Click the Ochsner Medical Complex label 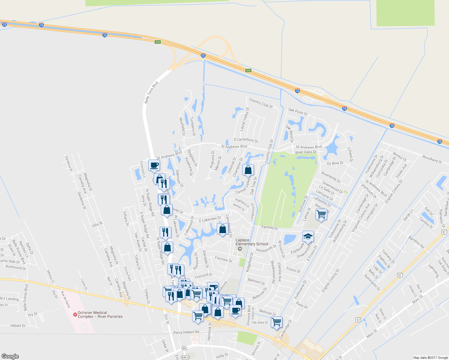click(x=100, y=314)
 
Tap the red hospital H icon click(x=75, y=314)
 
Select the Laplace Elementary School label click(x=252, y=242)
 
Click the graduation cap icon click(x=308, y=236)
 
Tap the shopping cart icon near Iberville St click(x=321, y=214)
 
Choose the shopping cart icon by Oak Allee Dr click(x=276, y=322)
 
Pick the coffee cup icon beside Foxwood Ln click(x=154, y=165)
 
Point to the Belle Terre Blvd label click(x=151, y=92)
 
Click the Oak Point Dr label click(x=298, y=112)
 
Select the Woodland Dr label click(x=432, y=159)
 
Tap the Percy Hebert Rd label click(x=186, y=332)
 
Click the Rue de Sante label click(x=65, y=299)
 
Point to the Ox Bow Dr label click(x=335, y=163)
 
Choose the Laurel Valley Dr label click(x=245, y=119)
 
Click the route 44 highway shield click(x=184, y=348)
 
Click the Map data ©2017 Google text click(x=430, y=358)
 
